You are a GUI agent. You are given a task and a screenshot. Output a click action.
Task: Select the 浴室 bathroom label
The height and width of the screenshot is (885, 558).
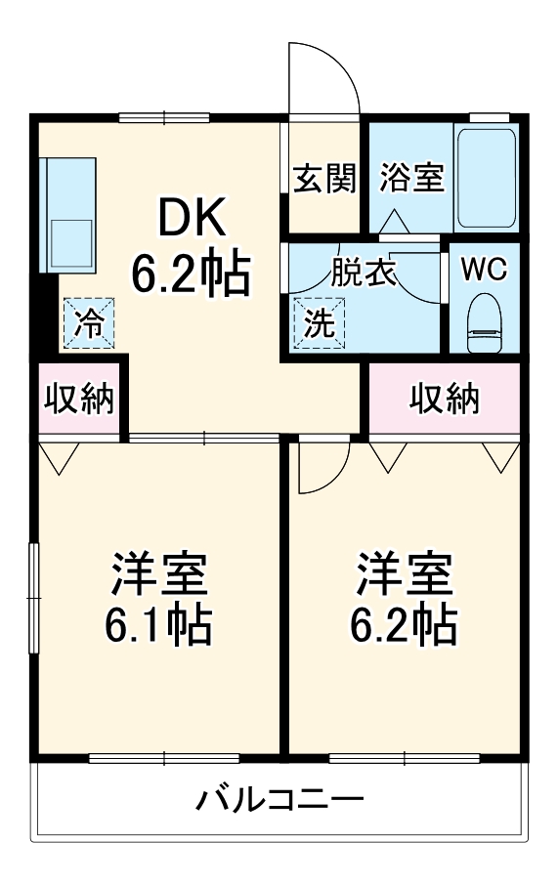click(x=411, y=178)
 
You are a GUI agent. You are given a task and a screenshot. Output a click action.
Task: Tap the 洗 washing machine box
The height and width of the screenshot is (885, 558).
click(x=319, y=322)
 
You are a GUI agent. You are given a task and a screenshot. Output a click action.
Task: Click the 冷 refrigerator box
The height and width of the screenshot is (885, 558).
click(x=89, y=322)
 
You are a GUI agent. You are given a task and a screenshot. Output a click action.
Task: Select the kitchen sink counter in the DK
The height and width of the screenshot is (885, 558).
click(x=67, y=214)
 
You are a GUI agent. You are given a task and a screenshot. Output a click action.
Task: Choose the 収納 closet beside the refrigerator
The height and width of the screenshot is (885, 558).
click(x=77, y=399)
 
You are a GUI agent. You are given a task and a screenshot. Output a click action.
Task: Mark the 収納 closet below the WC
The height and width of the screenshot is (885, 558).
click(x=444, y=399)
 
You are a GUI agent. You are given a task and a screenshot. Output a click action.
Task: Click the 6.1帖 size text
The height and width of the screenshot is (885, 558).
click(x=157, y=624)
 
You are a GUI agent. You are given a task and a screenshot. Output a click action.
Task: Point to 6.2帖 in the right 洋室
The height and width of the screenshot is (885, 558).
click(x=404, y=624)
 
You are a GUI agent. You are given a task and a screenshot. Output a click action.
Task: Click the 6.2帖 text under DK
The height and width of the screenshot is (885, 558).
click(x=192, y=275)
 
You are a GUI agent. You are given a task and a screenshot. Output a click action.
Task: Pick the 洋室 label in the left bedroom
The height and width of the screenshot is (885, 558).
click(x=157, y=573)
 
